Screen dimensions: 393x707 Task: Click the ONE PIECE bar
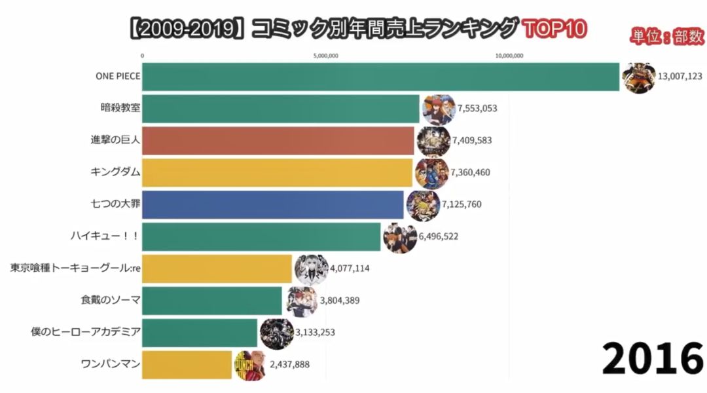coord(380,77)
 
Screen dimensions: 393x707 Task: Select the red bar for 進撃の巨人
coord(278,141)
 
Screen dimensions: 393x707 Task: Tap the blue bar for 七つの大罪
coord(272,204)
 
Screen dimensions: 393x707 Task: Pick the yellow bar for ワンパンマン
coord(187,365)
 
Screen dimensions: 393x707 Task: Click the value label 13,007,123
coord(680,77)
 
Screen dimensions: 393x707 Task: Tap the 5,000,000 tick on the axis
coord(326,56)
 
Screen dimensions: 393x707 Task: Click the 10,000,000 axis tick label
coord(509,56)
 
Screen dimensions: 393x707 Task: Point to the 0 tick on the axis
coord(142,56)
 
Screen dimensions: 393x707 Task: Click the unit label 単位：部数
coord(666,37)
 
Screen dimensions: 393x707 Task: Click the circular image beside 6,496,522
coord(399,238)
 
